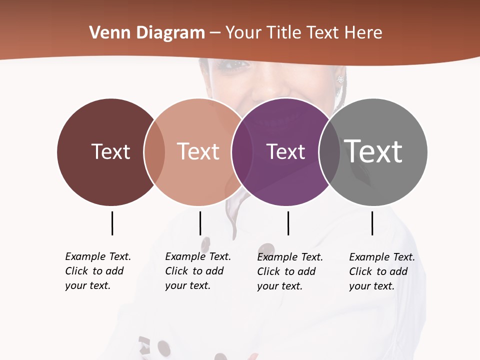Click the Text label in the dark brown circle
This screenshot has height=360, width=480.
[110, 151]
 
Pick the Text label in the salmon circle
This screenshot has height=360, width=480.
[198, 151]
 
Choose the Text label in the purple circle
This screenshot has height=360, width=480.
[285, 151]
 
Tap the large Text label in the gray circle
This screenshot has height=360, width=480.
[373, 151]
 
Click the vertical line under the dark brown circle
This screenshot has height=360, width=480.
[112, 223]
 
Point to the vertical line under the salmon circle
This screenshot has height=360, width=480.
[200, 223]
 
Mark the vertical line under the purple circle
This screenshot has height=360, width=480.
[288, 223]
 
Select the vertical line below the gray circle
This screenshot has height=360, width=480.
[372, 223]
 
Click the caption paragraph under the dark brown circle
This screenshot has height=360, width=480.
[98, 271]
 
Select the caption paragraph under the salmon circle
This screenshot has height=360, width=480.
[198, 271]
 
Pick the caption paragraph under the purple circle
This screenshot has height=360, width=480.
[290, 271]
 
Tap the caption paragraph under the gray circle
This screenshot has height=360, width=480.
[382, 271]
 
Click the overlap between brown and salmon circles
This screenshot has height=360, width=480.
[154, 152]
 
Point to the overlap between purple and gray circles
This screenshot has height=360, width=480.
[329, 152]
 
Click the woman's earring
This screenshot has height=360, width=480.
[341, 79]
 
